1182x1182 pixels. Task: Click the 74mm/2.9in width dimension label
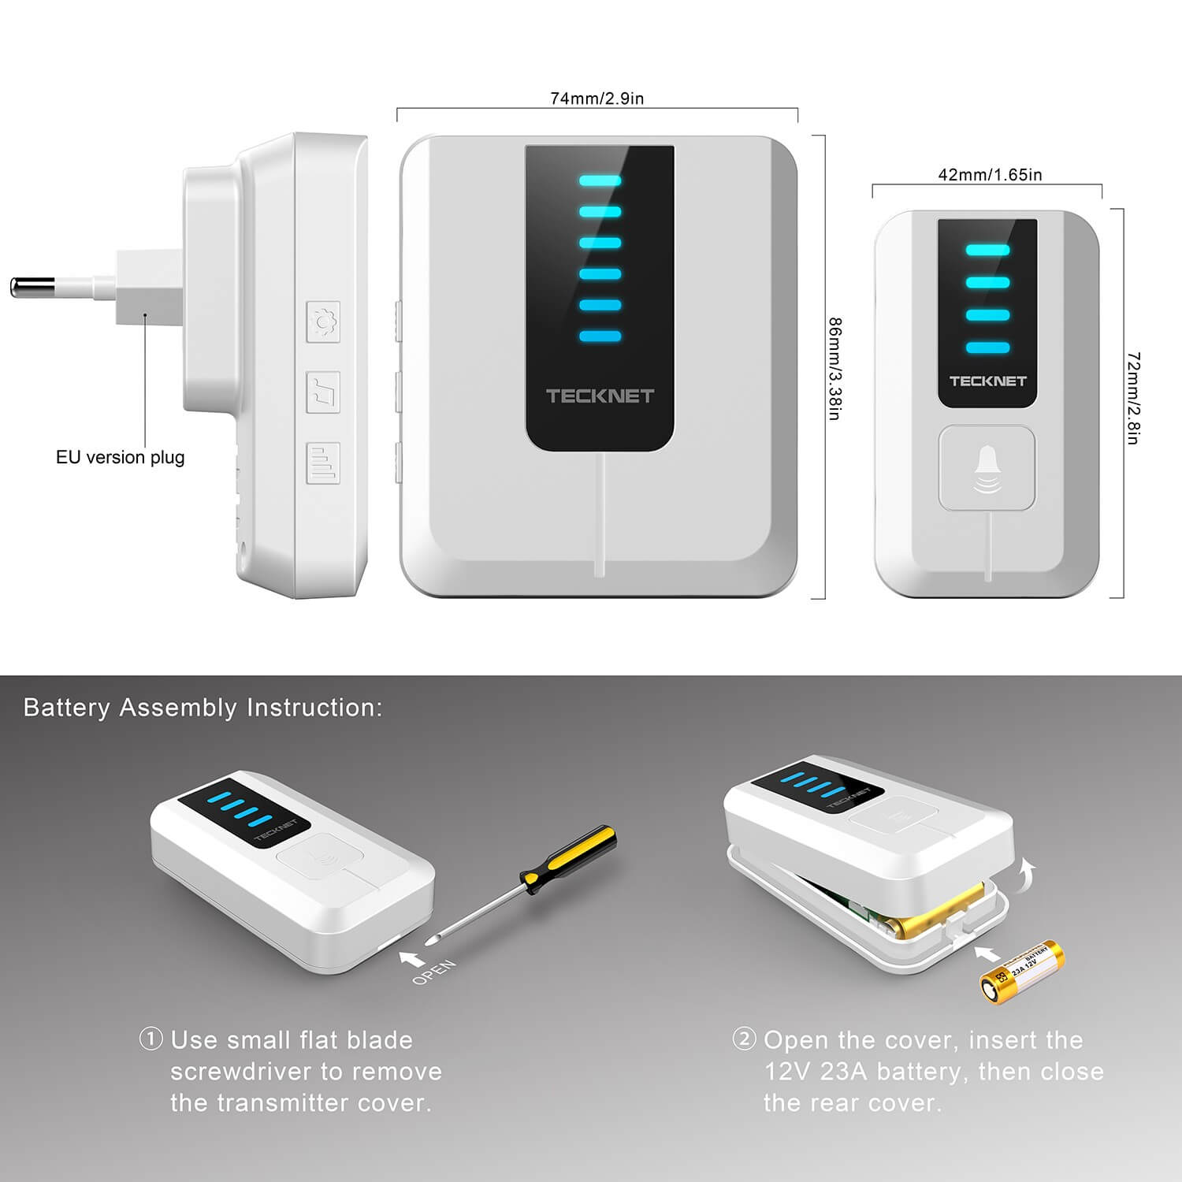pyautogui.click(x=597, y=98)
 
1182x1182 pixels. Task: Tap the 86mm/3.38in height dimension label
pyautogui.click(x=836, y=368)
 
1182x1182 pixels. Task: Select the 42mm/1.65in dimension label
pyautogui.click(x=990, y=175)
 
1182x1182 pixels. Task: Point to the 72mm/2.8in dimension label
pyautogui.click(x=1132, y=398)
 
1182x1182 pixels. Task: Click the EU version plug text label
pyautogui.click(x=120, y=457)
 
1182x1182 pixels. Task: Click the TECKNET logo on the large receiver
pyautogui.click(x=600, y=396)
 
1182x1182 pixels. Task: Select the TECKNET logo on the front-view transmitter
pyautogui.click(x=987, y=381)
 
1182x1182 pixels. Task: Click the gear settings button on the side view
pyautogui.click(x=323, y=322)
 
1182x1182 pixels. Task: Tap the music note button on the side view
pyautogui.click(x=323, y=392)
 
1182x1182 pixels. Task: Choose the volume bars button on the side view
pyautogui.click(x=323, y=463)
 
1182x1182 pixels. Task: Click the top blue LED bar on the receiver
pyautogui.click(x=600, y=180)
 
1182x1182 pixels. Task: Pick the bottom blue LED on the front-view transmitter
pyautogui.click(x=987, y=348)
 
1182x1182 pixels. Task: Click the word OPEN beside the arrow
pyautogui.click(x=433, y=971)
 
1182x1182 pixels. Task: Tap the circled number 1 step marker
pyautogui.click(x=151, y=1039)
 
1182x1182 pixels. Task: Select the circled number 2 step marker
pyautogui.click(x=744, y=1039)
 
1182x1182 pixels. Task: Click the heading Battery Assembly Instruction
pyautogui.click(x=203, y=708)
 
